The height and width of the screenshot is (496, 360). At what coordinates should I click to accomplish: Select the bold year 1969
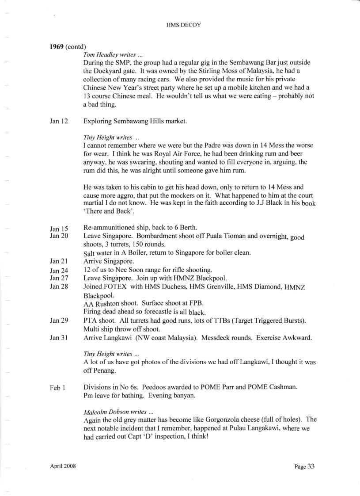click(x=57, y=46)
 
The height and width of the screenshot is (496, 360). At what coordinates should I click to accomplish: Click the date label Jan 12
click(x=59, y=121)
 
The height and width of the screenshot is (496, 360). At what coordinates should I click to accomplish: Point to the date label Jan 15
click(x=59, y=229)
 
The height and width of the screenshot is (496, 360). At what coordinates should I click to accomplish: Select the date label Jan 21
click(x=59, y=262)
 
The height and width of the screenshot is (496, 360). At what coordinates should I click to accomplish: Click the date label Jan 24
click(x=59, y=271)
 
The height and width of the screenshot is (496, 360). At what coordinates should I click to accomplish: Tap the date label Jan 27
click(x=59, y=279)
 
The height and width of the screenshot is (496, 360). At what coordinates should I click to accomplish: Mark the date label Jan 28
click(x=59, y=287)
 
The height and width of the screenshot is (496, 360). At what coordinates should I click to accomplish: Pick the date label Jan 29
click(x=59, y=321)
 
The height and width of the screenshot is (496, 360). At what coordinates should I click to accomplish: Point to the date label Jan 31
click(x=59, y=338)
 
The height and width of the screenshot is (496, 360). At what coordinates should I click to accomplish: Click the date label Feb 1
click(x=58, y=388)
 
